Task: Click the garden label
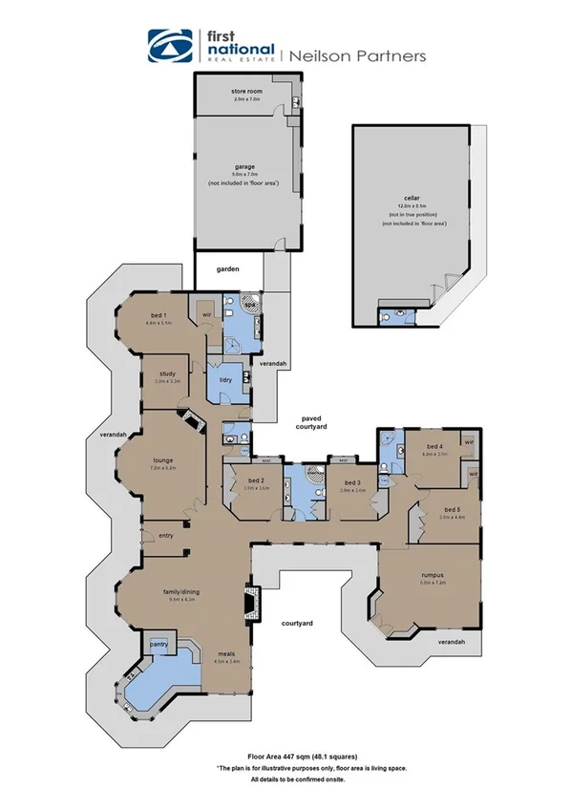[226, 269]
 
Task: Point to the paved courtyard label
[310, 422]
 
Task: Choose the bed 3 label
[353, 481]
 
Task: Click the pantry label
[159, 644]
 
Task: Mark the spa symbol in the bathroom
[251, 307]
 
